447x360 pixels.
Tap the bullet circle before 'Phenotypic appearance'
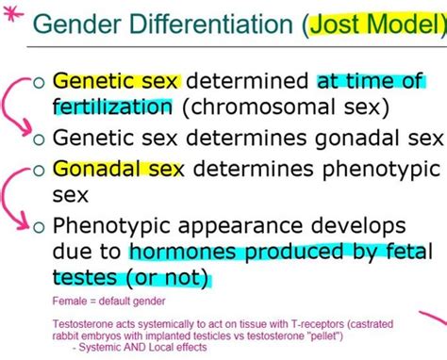tap(38, 227)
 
